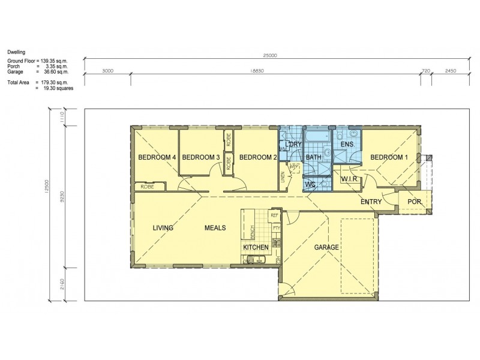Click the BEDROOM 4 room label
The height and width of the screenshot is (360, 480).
pyautogui.click(x=157, y=157)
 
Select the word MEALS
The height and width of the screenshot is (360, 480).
pyautogui.click(x=215, y=228)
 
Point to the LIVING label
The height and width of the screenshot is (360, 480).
pyautogui.click(x=163, y=228)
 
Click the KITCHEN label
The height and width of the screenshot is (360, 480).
pyautogui.click(x=256, y=247)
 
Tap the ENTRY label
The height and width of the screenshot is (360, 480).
pyautogui.click(x=371, y=202)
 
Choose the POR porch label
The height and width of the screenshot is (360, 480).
pyautogui.click(x=415, y=202)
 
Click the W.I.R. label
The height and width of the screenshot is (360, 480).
pyautogui.click(x=350, y=179)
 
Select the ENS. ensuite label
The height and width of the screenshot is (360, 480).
pyautogui.click(x=347, y=145)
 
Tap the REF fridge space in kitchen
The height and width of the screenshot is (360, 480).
pyautogui.click(x=275, y=215)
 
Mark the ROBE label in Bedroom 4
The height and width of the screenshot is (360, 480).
pyautogui.click(x=147, y=187)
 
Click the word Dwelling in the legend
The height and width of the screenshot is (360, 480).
pyautogui.click(x=16, y=52)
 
